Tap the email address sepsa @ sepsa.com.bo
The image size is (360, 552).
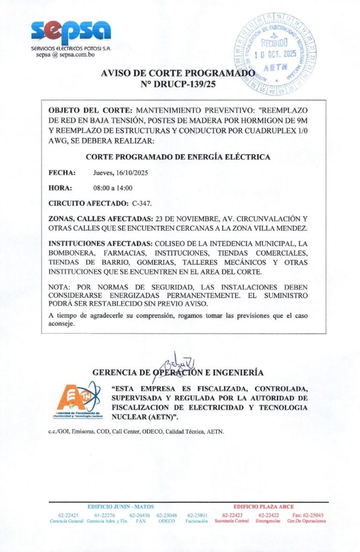pyautogui.click(x=66, y=55)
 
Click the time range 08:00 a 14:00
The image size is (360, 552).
pyautogui.click(x=113, y=188)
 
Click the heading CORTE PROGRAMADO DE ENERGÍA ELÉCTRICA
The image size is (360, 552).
pyautogui.click(x=178, y=157)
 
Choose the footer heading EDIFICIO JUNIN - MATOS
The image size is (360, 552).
pyautogui.click(x=121, y=507)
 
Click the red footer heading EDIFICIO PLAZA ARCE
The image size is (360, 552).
pyautogui.click(x=263, y=507)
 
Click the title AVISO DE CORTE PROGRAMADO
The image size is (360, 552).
pyautogui.click(x=177, y=73)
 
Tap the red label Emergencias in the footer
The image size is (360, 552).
pyautogui.click(x=268, y=521)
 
